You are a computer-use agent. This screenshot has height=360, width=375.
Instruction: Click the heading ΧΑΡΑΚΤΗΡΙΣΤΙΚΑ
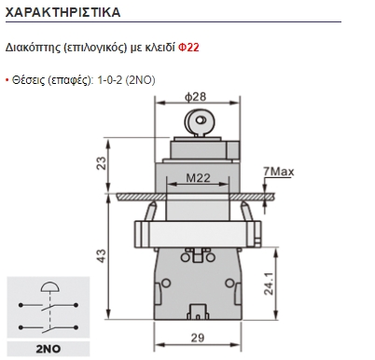[62, 12]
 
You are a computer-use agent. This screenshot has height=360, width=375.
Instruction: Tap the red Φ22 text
[188, 48]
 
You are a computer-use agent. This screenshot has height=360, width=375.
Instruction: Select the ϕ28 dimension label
[196, 97]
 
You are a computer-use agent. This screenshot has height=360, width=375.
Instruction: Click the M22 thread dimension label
[198, 178]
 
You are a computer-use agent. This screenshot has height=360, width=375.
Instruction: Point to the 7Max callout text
[278, 172]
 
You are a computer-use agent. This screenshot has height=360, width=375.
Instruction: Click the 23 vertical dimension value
[102, 163]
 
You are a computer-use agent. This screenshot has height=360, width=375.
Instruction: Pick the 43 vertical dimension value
[102, 256]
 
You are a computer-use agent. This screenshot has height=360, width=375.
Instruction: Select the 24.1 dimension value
[269, 284]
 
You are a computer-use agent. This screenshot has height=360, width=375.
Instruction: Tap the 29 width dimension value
[198, 338]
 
